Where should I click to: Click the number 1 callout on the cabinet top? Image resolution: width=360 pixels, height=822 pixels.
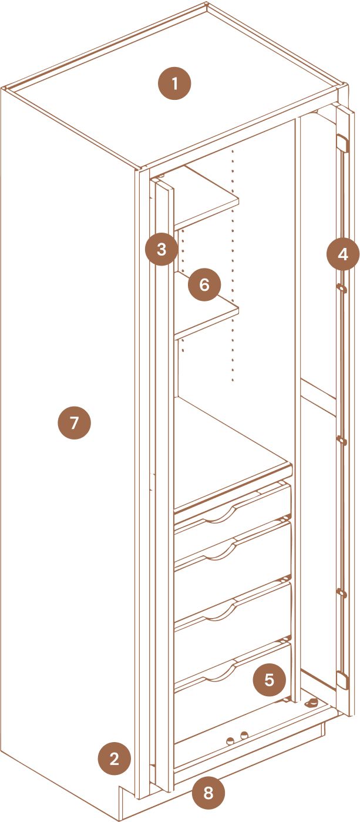click(174, 83)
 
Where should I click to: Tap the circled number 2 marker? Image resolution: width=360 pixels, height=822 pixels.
click(115, 759)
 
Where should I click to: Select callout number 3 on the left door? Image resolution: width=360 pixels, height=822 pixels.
click(162, 249)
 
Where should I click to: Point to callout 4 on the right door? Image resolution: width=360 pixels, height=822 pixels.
click(343, 254)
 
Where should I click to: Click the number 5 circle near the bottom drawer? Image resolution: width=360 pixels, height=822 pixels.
click(270, 680)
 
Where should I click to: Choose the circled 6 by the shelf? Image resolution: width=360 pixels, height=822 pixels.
click(204, 284)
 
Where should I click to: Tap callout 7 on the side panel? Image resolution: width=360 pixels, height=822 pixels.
click(75, 422)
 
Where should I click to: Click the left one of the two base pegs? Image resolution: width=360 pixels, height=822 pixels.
click(231, 740)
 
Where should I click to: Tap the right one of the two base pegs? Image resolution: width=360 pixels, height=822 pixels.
click(244, 735)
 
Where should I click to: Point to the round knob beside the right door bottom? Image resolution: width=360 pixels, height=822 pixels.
click(312, 703)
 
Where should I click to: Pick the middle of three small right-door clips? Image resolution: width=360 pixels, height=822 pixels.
click(342, 439)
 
